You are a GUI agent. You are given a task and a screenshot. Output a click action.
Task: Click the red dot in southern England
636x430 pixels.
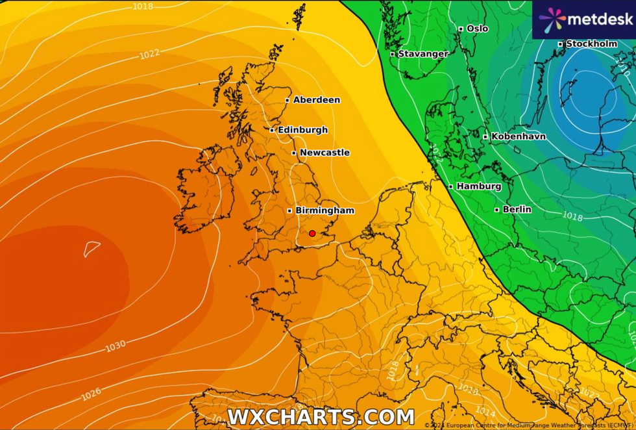tap(312, 233)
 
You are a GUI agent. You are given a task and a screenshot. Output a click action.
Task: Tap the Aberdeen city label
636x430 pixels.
tap(316, 100)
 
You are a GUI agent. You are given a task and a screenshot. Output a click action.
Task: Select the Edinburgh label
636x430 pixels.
tap(302, 130)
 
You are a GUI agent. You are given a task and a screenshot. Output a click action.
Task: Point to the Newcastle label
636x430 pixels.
tap(324, 153)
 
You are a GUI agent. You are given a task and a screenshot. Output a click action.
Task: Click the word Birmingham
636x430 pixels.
tap(324, 210)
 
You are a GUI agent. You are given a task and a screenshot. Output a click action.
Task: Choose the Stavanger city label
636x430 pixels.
tap(423, 54)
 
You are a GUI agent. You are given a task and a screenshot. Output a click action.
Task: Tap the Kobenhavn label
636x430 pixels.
tap(518, 136)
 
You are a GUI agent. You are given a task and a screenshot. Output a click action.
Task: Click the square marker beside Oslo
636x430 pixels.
tap(461, 29)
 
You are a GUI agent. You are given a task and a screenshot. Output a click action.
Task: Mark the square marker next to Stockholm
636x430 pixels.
tap(561, 44)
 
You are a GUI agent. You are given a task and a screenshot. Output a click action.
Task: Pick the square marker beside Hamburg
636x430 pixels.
tap(451, 186)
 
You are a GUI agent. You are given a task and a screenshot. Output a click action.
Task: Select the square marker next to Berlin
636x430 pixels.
tap(497, 209)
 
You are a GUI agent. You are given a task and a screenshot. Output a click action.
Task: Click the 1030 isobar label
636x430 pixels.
tap(116, 346)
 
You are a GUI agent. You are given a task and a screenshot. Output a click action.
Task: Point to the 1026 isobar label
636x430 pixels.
tap(91, 394)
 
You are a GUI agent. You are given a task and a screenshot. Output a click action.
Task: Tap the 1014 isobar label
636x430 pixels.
tap(485, 411)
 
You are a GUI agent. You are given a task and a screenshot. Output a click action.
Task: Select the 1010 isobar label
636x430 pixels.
tap(468, 388)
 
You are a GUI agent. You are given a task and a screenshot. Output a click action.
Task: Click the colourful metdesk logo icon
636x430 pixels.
tap(552, 20)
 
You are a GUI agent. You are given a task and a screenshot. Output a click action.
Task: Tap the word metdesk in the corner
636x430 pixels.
tap(600, 19)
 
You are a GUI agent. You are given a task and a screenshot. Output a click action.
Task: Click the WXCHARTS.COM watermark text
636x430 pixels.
tap(321, 417)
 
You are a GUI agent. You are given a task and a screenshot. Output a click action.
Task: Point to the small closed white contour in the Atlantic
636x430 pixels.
tap(92, 249)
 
